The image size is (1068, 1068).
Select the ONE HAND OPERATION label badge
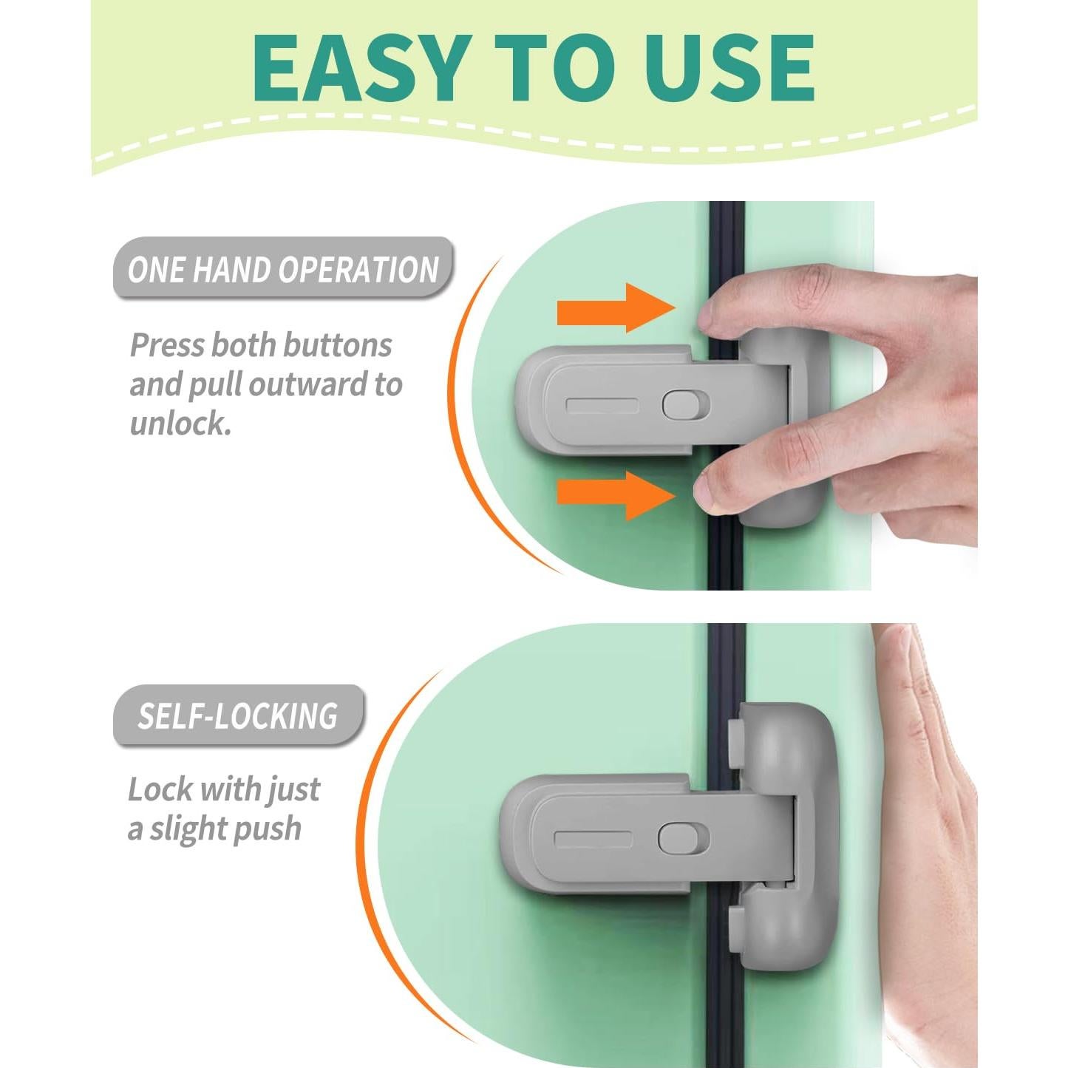click(282, 269)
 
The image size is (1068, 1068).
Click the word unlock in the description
click(180, 424)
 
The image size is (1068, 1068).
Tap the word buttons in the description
click(337, 346)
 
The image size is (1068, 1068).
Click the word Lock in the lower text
click(160, 789)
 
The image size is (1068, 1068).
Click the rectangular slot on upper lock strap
click(601, 407)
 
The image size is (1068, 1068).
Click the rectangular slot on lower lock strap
click(593, 840)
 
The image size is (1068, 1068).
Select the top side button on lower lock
click(735, 743)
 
